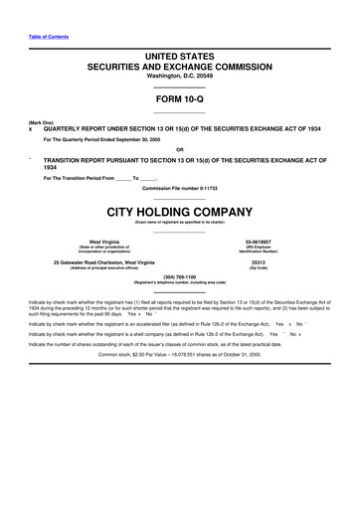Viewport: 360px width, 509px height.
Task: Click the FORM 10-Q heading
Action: click(180, 99)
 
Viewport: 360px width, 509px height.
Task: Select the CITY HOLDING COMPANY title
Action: click(180, 212)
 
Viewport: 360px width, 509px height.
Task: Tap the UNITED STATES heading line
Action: click(180, 60)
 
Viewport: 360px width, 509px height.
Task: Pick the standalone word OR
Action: click(180, 150)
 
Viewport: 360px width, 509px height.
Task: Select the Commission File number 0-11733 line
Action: click(180, 188)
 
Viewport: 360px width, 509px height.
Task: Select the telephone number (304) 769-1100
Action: click(180, 276)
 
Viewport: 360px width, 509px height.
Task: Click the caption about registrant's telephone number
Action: click(180, 282)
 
